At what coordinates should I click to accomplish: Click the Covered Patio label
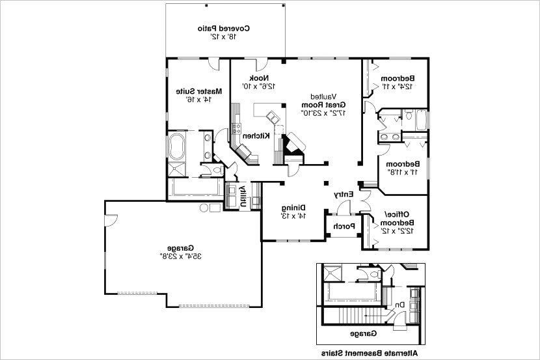(x=224, y=29)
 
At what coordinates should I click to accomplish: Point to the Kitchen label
(x=257, y=135)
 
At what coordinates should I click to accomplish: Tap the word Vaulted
(x=323, y=95)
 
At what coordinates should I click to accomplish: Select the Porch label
(x=344, y=227)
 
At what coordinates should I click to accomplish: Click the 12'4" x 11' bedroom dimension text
(x=398, y=86)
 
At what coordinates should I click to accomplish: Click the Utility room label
(x=243, y=195)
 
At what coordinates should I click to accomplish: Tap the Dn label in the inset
(x=399, y=304)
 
